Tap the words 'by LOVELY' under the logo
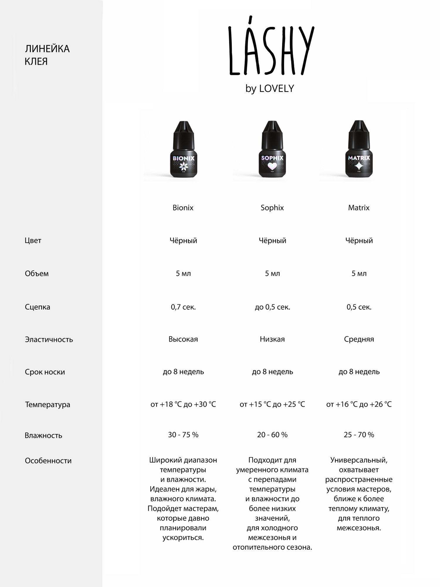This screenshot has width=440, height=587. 270,89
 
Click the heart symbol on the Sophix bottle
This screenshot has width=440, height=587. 272,167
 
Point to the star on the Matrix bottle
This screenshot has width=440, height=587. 359,166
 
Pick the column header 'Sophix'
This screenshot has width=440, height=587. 272,208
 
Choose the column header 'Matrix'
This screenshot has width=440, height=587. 359,208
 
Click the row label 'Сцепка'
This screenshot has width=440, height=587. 38,307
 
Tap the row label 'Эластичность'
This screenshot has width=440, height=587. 49,340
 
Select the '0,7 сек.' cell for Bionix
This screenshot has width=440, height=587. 183,307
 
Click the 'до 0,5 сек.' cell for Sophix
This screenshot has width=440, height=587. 272,307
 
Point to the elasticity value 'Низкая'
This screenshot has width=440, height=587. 272,339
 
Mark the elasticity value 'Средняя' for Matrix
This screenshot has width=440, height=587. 359,339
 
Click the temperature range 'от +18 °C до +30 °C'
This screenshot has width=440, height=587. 183,404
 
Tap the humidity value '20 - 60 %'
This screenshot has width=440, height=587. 272,435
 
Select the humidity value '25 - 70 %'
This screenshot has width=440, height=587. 359,435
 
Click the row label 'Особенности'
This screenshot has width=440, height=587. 48,461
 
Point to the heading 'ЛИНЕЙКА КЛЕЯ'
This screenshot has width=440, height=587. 47,55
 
